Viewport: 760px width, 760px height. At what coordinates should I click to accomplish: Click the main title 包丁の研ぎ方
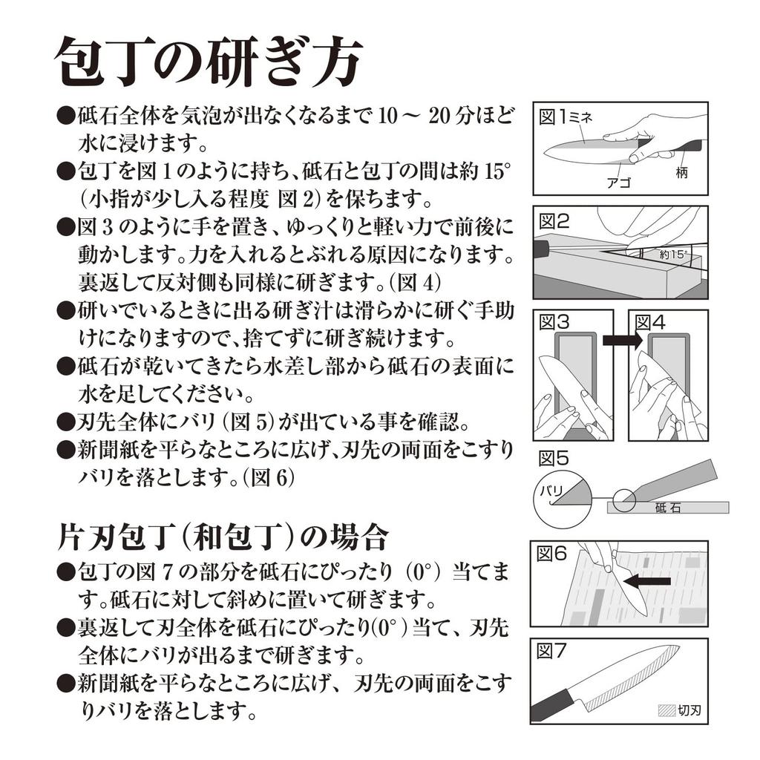[209, 62]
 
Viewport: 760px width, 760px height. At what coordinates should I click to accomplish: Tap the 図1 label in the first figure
[552, 117]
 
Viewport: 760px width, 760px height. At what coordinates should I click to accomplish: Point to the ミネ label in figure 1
[580, 117]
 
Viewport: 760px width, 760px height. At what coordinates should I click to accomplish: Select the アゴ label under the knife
[619, 183]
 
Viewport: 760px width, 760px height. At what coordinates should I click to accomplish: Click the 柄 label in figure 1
[681, 172]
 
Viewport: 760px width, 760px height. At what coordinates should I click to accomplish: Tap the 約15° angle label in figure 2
[673, 254]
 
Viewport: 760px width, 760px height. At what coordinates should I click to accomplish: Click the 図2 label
[554, 221]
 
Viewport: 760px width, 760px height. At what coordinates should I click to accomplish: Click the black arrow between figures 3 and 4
[623, 341]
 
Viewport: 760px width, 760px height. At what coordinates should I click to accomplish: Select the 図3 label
[554, 322]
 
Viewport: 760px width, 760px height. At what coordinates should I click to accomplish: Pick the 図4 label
[650, 322]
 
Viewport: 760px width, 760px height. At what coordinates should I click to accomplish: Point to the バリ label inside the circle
[551, 491]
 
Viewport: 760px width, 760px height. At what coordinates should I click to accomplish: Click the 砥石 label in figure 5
[668, 508]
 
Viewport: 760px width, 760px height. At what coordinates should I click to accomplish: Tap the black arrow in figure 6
[646, 580]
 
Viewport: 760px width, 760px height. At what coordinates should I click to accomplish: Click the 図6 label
[551, 553]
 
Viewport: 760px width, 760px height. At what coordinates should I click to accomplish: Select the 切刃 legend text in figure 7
[689, 710]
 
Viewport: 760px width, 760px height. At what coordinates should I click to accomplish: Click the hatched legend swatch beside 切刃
[667, 710]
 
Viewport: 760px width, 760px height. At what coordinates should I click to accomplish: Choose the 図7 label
[551, 651]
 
